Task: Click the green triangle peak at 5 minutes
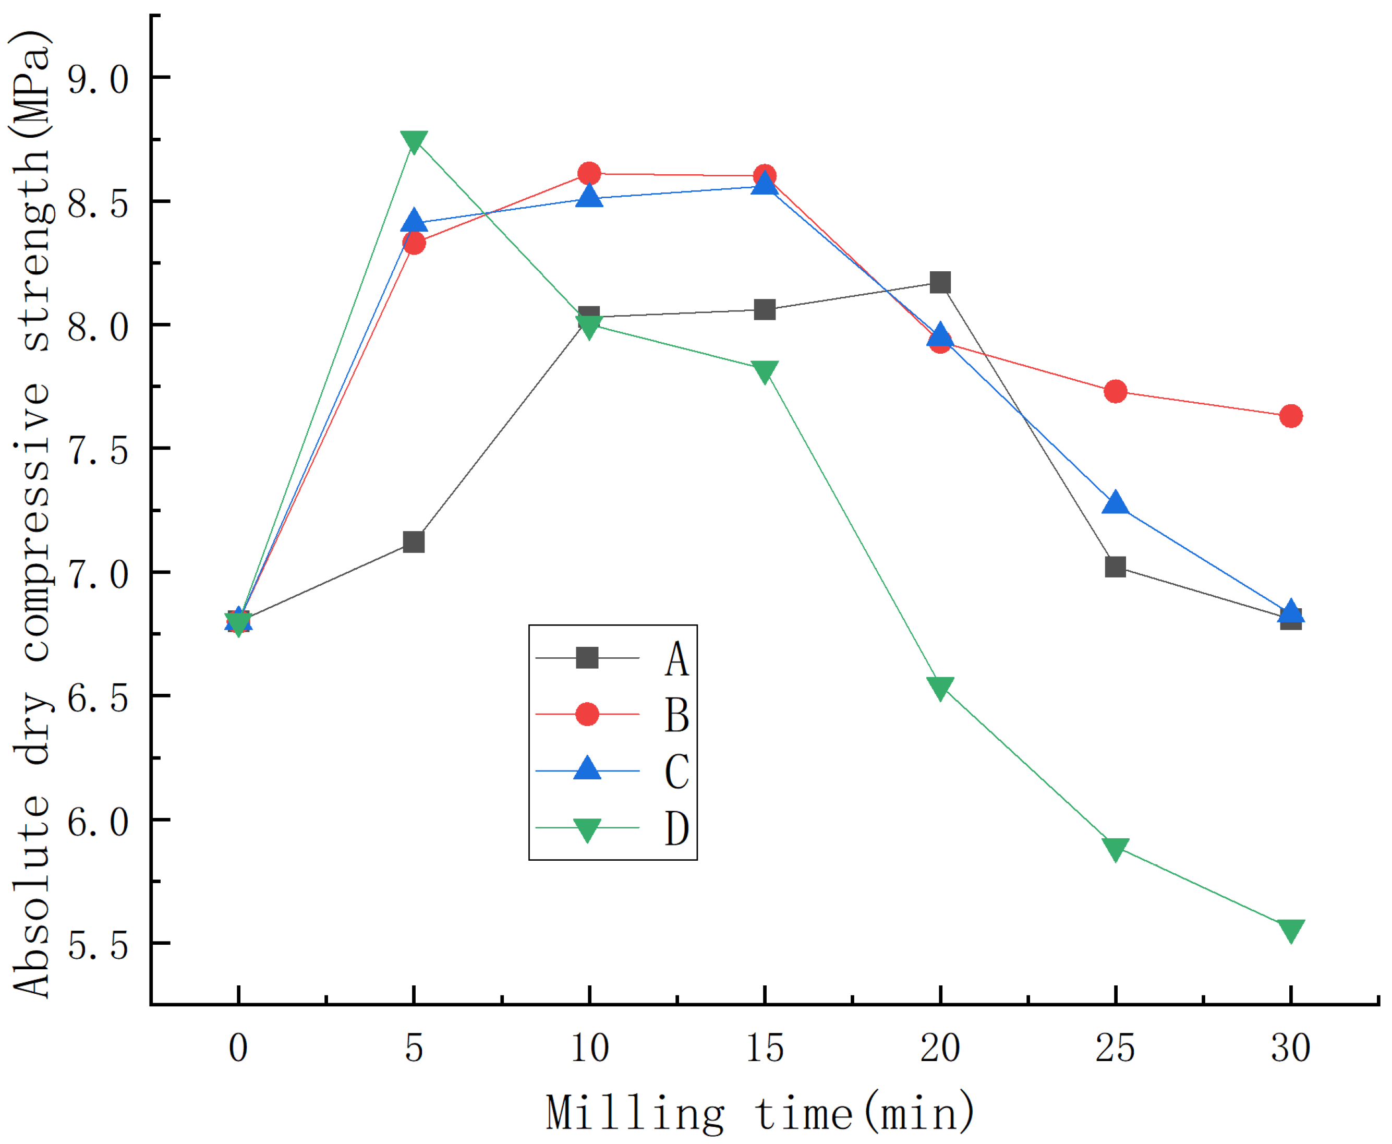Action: click(414, 140)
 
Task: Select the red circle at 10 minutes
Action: click(589, 174)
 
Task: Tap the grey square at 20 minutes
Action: click(940, 283)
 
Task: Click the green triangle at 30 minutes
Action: click(1290, 931)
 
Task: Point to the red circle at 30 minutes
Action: click(1290, 416)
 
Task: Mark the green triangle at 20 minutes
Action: click(940, 688)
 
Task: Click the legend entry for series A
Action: click(676, 658)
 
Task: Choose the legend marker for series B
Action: click(587, 714)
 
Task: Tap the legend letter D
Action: click(676, 828)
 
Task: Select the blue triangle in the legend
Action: click(587, 769)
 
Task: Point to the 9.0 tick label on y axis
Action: click(98, 78)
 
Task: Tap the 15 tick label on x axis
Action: click(764, 1048)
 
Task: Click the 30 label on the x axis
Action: click(1290, 1048)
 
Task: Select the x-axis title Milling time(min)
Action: click(759, 1112)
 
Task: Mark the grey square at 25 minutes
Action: click(1115, 567)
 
